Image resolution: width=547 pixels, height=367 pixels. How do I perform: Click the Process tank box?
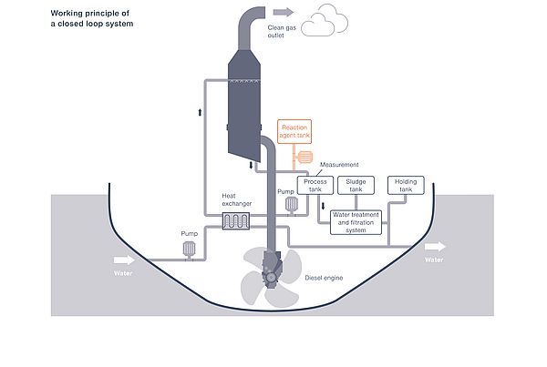[x=315, y=185]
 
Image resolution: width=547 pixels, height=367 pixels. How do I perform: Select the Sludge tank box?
[x=356, y=185]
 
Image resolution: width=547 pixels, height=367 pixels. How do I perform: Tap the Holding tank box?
[x=406, y=185]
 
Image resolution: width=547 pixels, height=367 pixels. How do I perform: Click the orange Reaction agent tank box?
[x=294, y=131]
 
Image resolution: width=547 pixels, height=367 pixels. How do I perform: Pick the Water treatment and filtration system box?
[x=356, y=222]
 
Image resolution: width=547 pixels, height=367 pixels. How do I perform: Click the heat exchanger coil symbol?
[x=236, y=221]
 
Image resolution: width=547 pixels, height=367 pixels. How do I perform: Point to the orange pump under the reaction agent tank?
[x=304, y=158]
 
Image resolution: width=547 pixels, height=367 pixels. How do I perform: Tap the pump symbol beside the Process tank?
[x=292, y=205]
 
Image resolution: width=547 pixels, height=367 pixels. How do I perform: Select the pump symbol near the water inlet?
[x=189, y=249]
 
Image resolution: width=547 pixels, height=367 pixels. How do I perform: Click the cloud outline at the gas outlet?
[x=324, y=21]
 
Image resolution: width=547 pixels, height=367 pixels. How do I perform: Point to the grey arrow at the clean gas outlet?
[x=284, y=12]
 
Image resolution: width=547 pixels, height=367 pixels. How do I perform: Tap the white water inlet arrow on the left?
[x=124, y=260]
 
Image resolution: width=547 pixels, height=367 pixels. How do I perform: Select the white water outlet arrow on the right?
[x=435, y=247]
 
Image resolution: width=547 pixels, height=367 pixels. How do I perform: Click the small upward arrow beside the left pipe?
[x=200, y=112]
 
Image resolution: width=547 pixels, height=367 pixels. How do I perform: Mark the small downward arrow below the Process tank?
[x=323, y=206]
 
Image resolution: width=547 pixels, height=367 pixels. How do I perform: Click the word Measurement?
[x=339, y=165]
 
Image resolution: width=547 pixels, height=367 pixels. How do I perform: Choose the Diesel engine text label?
[x=324, y=278]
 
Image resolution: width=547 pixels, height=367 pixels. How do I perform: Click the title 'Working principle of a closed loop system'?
[x=92, y=18]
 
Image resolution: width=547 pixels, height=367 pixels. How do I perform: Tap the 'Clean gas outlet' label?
[x=282, y=31]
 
